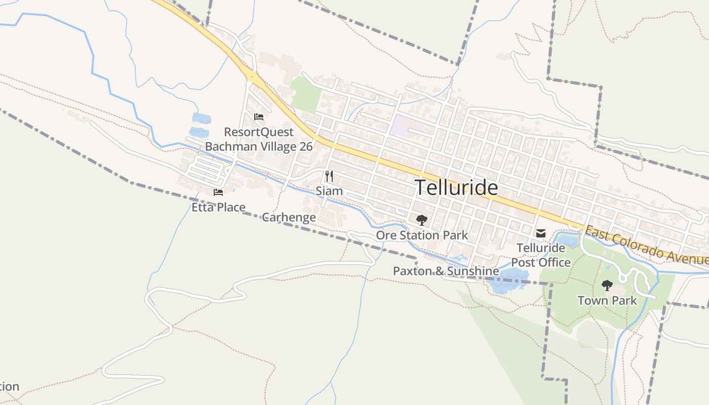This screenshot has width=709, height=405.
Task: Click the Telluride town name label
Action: pos(456,188)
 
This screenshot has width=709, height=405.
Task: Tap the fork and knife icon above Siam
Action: pos(329,176)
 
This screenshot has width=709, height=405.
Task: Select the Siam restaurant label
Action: pos(329,191)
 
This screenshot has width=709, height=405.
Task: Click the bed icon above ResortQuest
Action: pos(259,117)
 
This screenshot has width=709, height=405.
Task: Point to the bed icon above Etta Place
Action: pos(218,192)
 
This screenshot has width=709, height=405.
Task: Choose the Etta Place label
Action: pos(218,207)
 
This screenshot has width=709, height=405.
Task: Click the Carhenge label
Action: pos(289,218)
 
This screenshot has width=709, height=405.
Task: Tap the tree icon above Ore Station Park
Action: pos(421,220)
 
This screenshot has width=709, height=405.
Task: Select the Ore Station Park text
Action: pos(422,235)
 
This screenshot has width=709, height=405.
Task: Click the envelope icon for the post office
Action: pos(541,233)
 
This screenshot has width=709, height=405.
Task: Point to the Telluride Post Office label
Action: pos(541,255)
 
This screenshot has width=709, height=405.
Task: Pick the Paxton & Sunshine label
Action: pos(446,271)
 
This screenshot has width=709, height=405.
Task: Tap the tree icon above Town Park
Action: pos(607,286)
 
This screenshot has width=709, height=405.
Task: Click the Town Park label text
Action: pos(607,301)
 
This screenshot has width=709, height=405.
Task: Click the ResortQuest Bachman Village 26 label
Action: pos(259,139)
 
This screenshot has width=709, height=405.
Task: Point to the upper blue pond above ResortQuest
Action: pos(202,118)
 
